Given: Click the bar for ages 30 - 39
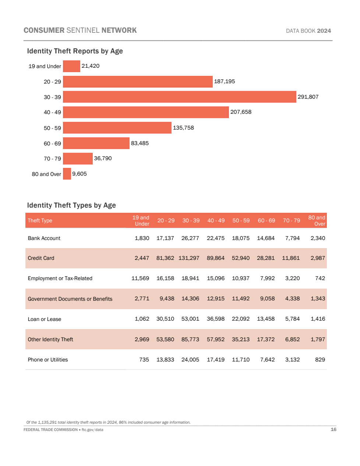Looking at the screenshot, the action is tap(180, 97).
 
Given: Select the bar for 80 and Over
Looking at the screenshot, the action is tap(67, 174).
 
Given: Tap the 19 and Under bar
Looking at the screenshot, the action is tap(72, 66).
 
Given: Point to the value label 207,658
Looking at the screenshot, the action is tap(241, 112).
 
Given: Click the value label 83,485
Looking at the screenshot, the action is tap(140, 143).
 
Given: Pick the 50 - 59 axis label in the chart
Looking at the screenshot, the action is tap(52, 128).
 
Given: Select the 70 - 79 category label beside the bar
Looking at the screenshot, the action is tap(52, 159).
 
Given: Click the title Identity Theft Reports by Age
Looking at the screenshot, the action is tap(75, 51).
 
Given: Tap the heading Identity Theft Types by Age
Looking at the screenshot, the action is tap(71, 205).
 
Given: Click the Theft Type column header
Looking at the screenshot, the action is tap(40, 220).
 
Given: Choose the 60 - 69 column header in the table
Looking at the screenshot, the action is tap(266, 220).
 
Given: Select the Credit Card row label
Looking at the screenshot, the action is tap(41, 258).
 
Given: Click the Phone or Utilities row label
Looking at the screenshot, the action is tap(48, 360).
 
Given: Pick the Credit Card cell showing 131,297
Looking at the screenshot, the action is tap(189, 258).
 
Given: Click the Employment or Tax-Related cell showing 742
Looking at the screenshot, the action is tap(320, 278).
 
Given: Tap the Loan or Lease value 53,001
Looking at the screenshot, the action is tap(190, 319).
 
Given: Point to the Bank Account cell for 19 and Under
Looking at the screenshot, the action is tap(142, 238).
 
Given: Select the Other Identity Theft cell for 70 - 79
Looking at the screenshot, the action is tap(292, 339).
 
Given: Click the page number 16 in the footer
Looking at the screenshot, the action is tap(333, 429).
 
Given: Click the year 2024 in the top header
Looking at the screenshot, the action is tap(324, 31).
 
